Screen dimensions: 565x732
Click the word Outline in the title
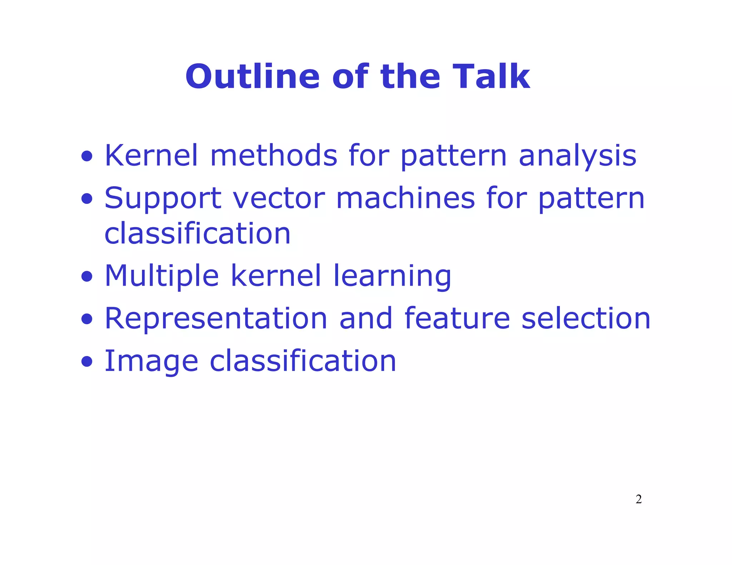252,77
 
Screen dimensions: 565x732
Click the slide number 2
638,499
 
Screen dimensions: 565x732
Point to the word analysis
577,156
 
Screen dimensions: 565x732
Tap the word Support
163,199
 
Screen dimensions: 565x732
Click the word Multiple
161,276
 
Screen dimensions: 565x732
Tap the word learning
392,276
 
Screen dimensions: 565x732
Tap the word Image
151,361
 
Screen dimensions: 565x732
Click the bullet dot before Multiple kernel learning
86,276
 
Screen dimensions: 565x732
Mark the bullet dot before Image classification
86,361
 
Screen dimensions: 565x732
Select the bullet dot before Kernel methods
86,156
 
